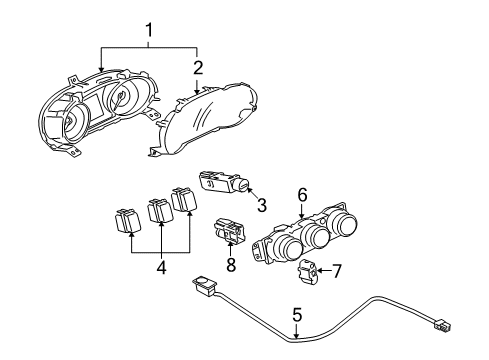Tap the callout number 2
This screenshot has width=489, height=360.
198,67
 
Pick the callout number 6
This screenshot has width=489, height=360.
300,197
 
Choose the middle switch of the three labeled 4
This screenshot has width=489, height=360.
156,210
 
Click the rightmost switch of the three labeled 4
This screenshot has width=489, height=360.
183,199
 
